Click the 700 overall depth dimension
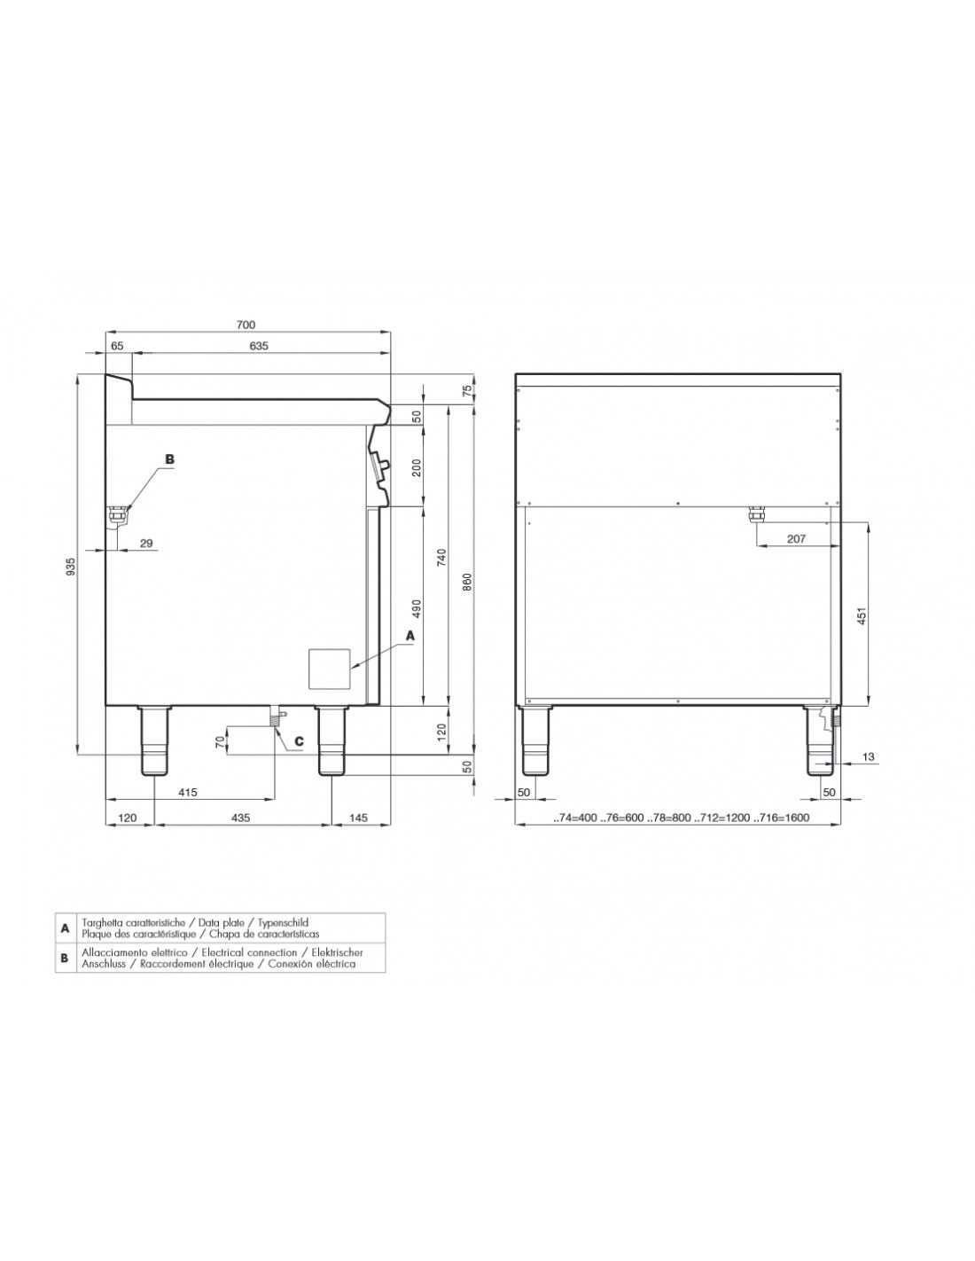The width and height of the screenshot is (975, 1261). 246,325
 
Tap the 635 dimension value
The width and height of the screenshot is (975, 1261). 259,346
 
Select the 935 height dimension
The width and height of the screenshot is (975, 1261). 71,566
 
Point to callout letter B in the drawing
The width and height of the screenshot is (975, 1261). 170,458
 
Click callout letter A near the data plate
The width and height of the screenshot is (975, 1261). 410,636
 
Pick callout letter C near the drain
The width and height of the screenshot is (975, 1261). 299,741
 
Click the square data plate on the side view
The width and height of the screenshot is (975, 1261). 330,670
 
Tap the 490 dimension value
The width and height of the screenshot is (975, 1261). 416,608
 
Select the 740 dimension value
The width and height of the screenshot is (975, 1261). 441,558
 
